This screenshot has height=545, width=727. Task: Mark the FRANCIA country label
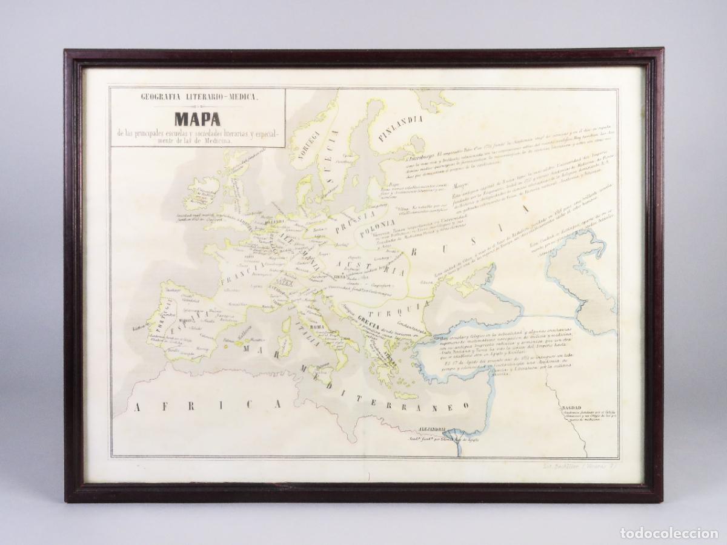coord(241,270)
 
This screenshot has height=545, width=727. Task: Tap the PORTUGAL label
coord(161,318)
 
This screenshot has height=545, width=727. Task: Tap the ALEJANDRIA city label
coord(428,430)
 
